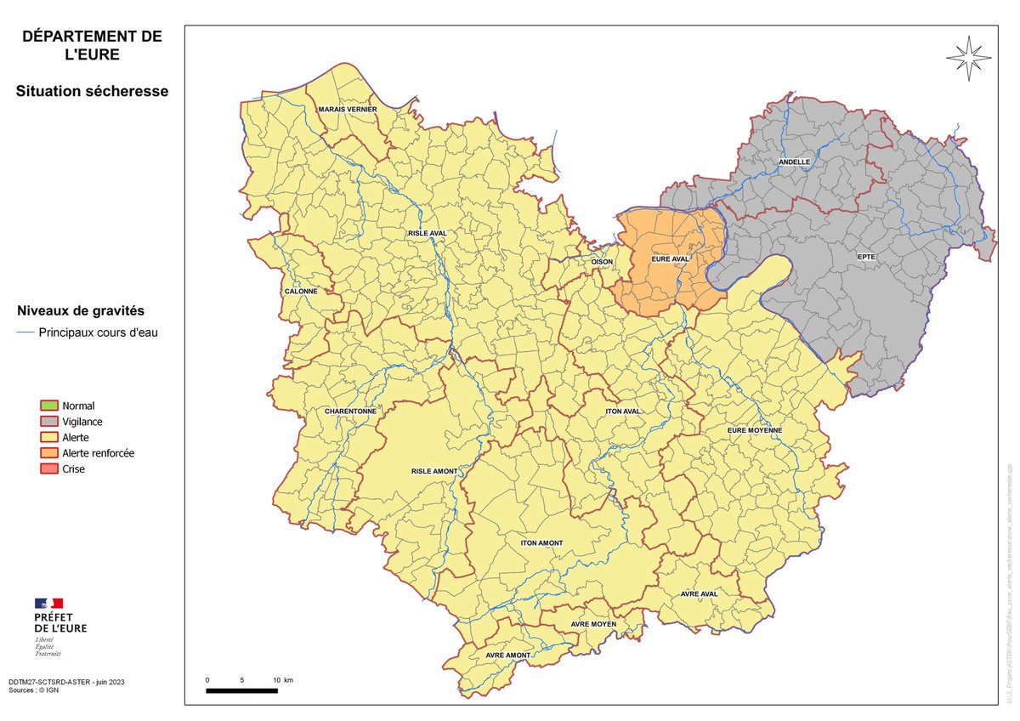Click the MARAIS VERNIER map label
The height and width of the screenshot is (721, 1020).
coord(347,110)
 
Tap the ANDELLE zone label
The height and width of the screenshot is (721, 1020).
coord(794,162)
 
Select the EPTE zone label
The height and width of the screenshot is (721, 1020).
coord(865,255)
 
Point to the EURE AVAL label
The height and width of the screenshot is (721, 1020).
coord(670,258)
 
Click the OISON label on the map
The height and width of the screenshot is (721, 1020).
coord(602,262)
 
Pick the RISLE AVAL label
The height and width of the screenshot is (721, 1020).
coord(428,233)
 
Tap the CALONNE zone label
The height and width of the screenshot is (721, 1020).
coord(301,291)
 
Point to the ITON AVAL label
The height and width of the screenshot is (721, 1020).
coord(623,412)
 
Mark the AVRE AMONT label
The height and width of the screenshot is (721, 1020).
coord(508,656)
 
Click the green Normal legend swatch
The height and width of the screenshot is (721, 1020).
coord(49,406)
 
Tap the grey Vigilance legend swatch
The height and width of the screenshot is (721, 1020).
coord(49,422)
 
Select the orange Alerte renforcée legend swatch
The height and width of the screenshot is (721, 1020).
coord(49,453)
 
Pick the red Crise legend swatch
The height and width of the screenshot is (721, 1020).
coord(49,469)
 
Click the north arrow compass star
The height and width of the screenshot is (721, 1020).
coord(968,59)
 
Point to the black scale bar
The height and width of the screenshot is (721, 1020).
coord(241,690)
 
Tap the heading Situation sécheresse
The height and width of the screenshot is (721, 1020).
coord(92,91)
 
